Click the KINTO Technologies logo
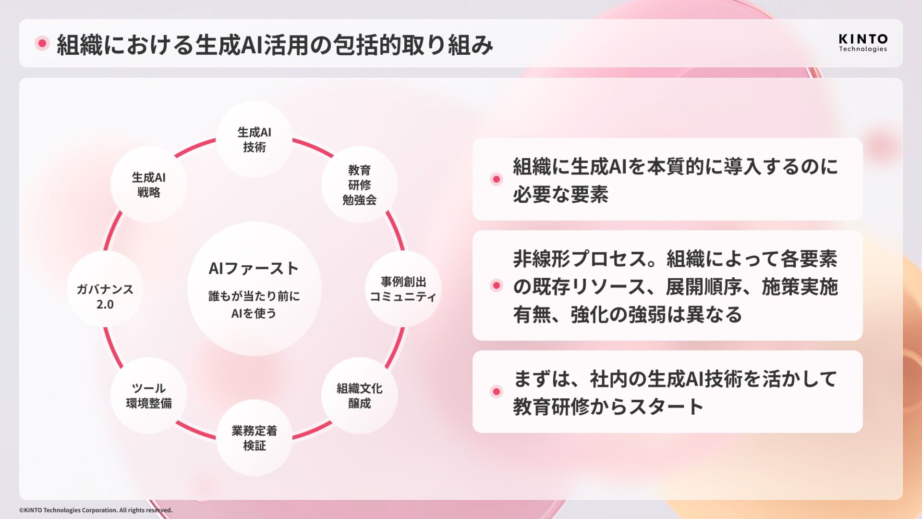[862, 43]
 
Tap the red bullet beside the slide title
[42, 44]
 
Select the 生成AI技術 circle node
[254, 139]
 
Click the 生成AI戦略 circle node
[148, 185]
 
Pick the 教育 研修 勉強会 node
[359, 185]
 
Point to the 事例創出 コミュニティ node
[403, 289]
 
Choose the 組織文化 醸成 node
[359, 395]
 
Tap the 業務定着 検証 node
[254, 437]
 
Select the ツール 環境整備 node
[148, 395]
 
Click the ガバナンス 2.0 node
[105, 296]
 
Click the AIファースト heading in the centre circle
[254, 268]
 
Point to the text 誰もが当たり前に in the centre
[254, 296]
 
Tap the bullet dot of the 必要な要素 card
[497, 179]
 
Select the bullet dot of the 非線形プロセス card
[497, 286]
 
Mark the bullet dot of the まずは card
[497, 392]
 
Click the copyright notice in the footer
[96, 510]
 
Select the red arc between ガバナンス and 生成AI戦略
[112, 231]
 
